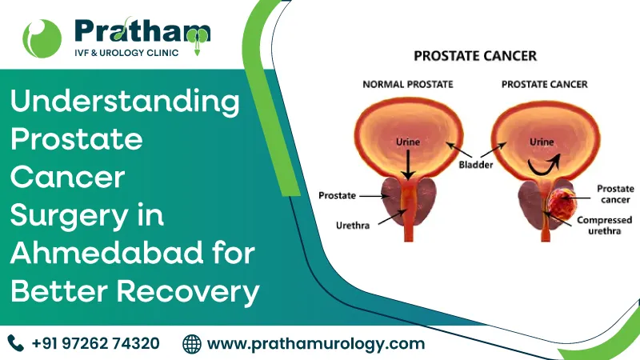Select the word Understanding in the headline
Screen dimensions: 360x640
click(x=125, y=103)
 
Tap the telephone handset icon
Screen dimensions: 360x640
click(x=16, y=343)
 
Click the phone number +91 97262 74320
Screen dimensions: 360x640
click(x=95, y=343)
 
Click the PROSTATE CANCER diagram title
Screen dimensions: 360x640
click(x=474, y=57)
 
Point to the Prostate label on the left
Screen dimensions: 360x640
click(x=337, y=194)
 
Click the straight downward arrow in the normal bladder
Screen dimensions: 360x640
click(x=407, y=164)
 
